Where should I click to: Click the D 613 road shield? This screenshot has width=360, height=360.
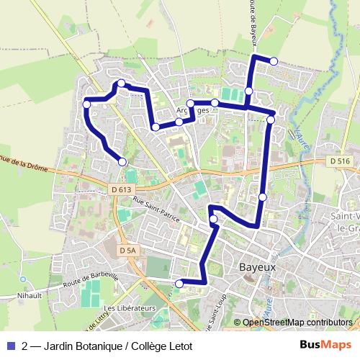pos(122,189)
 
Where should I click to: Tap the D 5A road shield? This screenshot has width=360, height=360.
pos(127,250)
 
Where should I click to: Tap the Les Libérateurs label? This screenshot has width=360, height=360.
pos(130,308)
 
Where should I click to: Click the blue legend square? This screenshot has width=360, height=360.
pos(9,346)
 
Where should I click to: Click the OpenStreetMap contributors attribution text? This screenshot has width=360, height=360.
pos(297,323)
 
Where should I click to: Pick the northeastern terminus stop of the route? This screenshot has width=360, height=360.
pos(274,61)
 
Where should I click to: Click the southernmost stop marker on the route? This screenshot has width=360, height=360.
pos(179,284)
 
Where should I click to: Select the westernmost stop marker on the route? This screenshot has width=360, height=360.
pos(86,104)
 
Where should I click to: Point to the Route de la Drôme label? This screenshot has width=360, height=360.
pos(22,163)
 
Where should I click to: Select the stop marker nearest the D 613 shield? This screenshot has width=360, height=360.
pos(122,161)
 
